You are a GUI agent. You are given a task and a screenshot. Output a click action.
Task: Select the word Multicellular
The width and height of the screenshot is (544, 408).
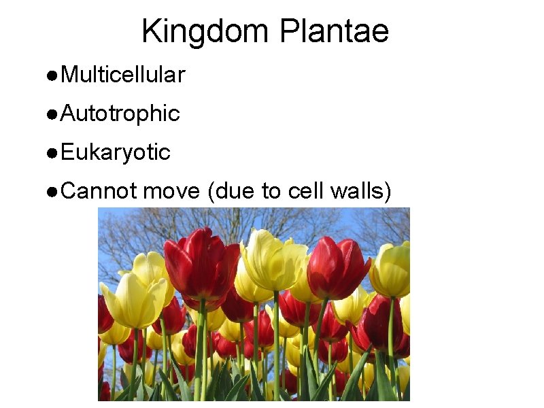point(122,75)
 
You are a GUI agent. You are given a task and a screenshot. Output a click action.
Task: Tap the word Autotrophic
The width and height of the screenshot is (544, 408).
point(120,114)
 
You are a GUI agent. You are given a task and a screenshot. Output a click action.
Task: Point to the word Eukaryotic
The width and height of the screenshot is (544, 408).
point(115,153)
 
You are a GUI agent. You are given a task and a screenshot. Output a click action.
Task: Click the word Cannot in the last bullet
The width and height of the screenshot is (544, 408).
point(99,192)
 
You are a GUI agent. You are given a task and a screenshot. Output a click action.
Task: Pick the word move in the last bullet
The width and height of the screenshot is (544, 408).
point(171,192)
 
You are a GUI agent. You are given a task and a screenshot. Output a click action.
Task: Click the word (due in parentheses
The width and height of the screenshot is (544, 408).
point(230,192)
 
